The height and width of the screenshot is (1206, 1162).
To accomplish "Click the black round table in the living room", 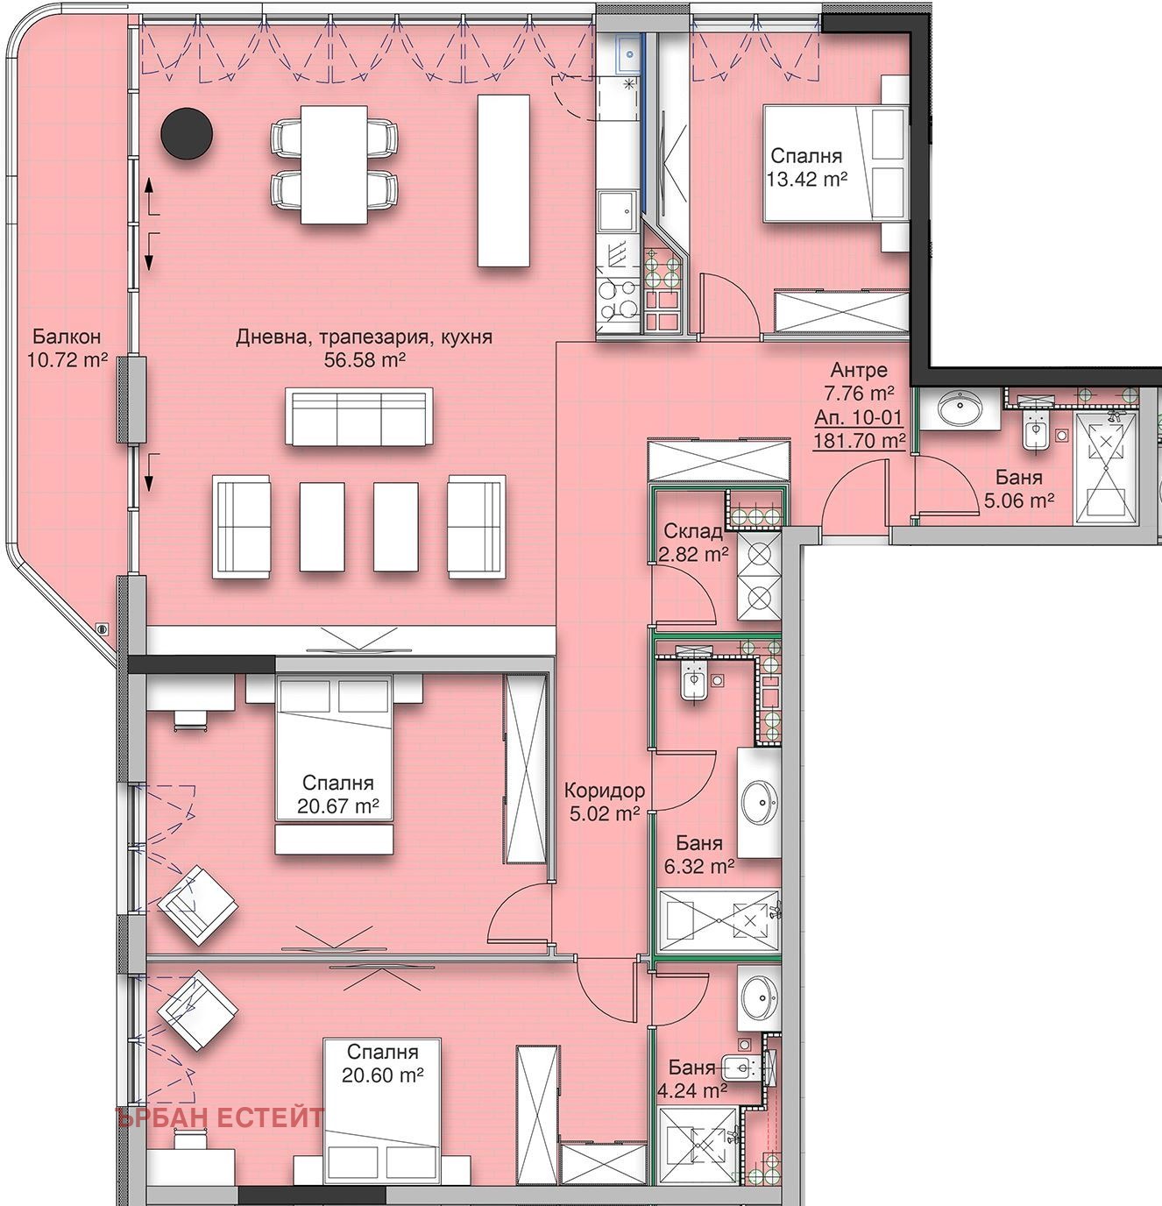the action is [x=187, y=134].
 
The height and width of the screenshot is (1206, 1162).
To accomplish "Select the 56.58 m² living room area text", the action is [x=365, y=360].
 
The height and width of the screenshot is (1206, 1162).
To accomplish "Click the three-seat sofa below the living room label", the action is [x=358, y=416].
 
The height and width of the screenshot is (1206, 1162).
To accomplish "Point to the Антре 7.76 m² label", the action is [x=858, y=381].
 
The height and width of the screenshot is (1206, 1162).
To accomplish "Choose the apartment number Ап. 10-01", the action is [x=858, y=417].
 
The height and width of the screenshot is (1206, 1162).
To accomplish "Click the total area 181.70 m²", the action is [x=859, y=441].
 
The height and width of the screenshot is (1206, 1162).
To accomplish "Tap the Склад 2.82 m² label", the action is [x=693, y=543].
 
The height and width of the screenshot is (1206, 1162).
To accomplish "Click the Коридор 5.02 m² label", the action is [x=605, y=801].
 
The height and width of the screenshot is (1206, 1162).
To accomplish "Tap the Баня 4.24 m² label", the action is [x=698, y=1078].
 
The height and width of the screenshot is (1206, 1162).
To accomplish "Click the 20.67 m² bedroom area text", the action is [x=337, y=805].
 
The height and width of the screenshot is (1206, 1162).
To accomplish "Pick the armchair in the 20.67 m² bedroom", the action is [x=197, y=904].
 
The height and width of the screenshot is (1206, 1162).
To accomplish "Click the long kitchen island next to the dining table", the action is [x=503, y=181].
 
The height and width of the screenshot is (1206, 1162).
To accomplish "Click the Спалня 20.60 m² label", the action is [x=382, y=1063].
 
